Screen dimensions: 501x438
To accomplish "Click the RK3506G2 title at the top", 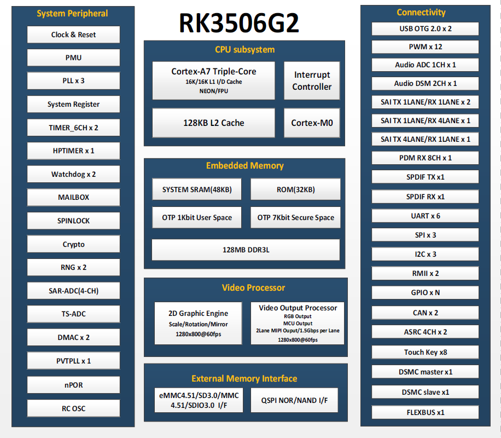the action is pos(239,23).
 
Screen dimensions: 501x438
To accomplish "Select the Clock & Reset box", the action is pos(73,34).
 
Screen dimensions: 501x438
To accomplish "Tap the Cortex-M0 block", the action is pos(312,123).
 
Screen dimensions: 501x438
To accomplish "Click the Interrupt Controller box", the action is pos(312,80).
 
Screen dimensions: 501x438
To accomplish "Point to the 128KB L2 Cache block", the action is pos(213,123).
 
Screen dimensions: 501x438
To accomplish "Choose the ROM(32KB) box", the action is pos(295,189).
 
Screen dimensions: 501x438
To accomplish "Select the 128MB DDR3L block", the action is pos(246,249).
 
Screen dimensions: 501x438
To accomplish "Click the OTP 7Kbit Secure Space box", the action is pos(295,217).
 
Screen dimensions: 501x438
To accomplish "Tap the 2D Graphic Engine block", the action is pos(198,323).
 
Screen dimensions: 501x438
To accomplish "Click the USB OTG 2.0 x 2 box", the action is pos(425,28).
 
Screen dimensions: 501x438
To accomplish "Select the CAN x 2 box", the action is pos(425,313).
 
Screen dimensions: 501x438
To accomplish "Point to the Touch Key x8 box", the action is pos(425,352).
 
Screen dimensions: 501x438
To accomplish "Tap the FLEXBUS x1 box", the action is pos(425,412).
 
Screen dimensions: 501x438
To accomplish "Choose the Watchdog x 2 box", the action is pos(73,174).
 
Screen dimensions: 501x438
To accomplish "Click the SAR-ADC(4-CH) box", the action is pos(73,291).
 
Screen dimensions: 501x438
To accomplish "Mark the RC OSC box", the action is pos(73,408).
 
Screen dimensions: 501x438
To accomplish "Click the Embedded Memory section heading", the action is pos(244,165).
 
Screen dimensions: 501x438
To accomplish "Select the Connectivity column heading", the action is pos(421,12).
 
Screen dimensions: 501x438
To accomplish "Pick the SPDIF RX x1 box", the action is pos(425,196).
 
